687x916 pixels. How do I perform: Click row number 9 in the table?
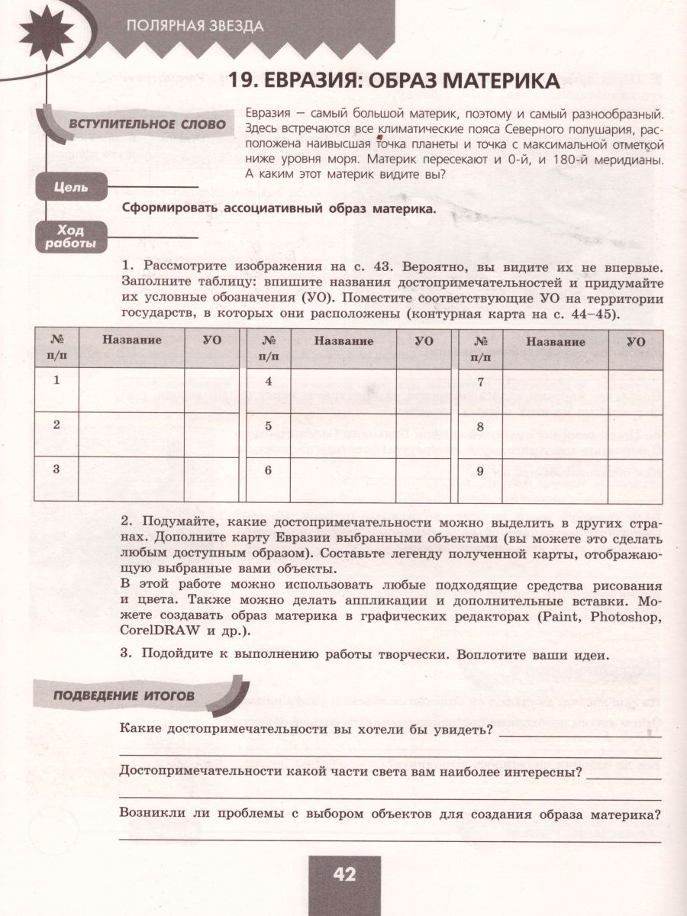480,471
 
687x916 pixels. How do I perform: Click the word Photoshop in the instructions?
622,617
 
